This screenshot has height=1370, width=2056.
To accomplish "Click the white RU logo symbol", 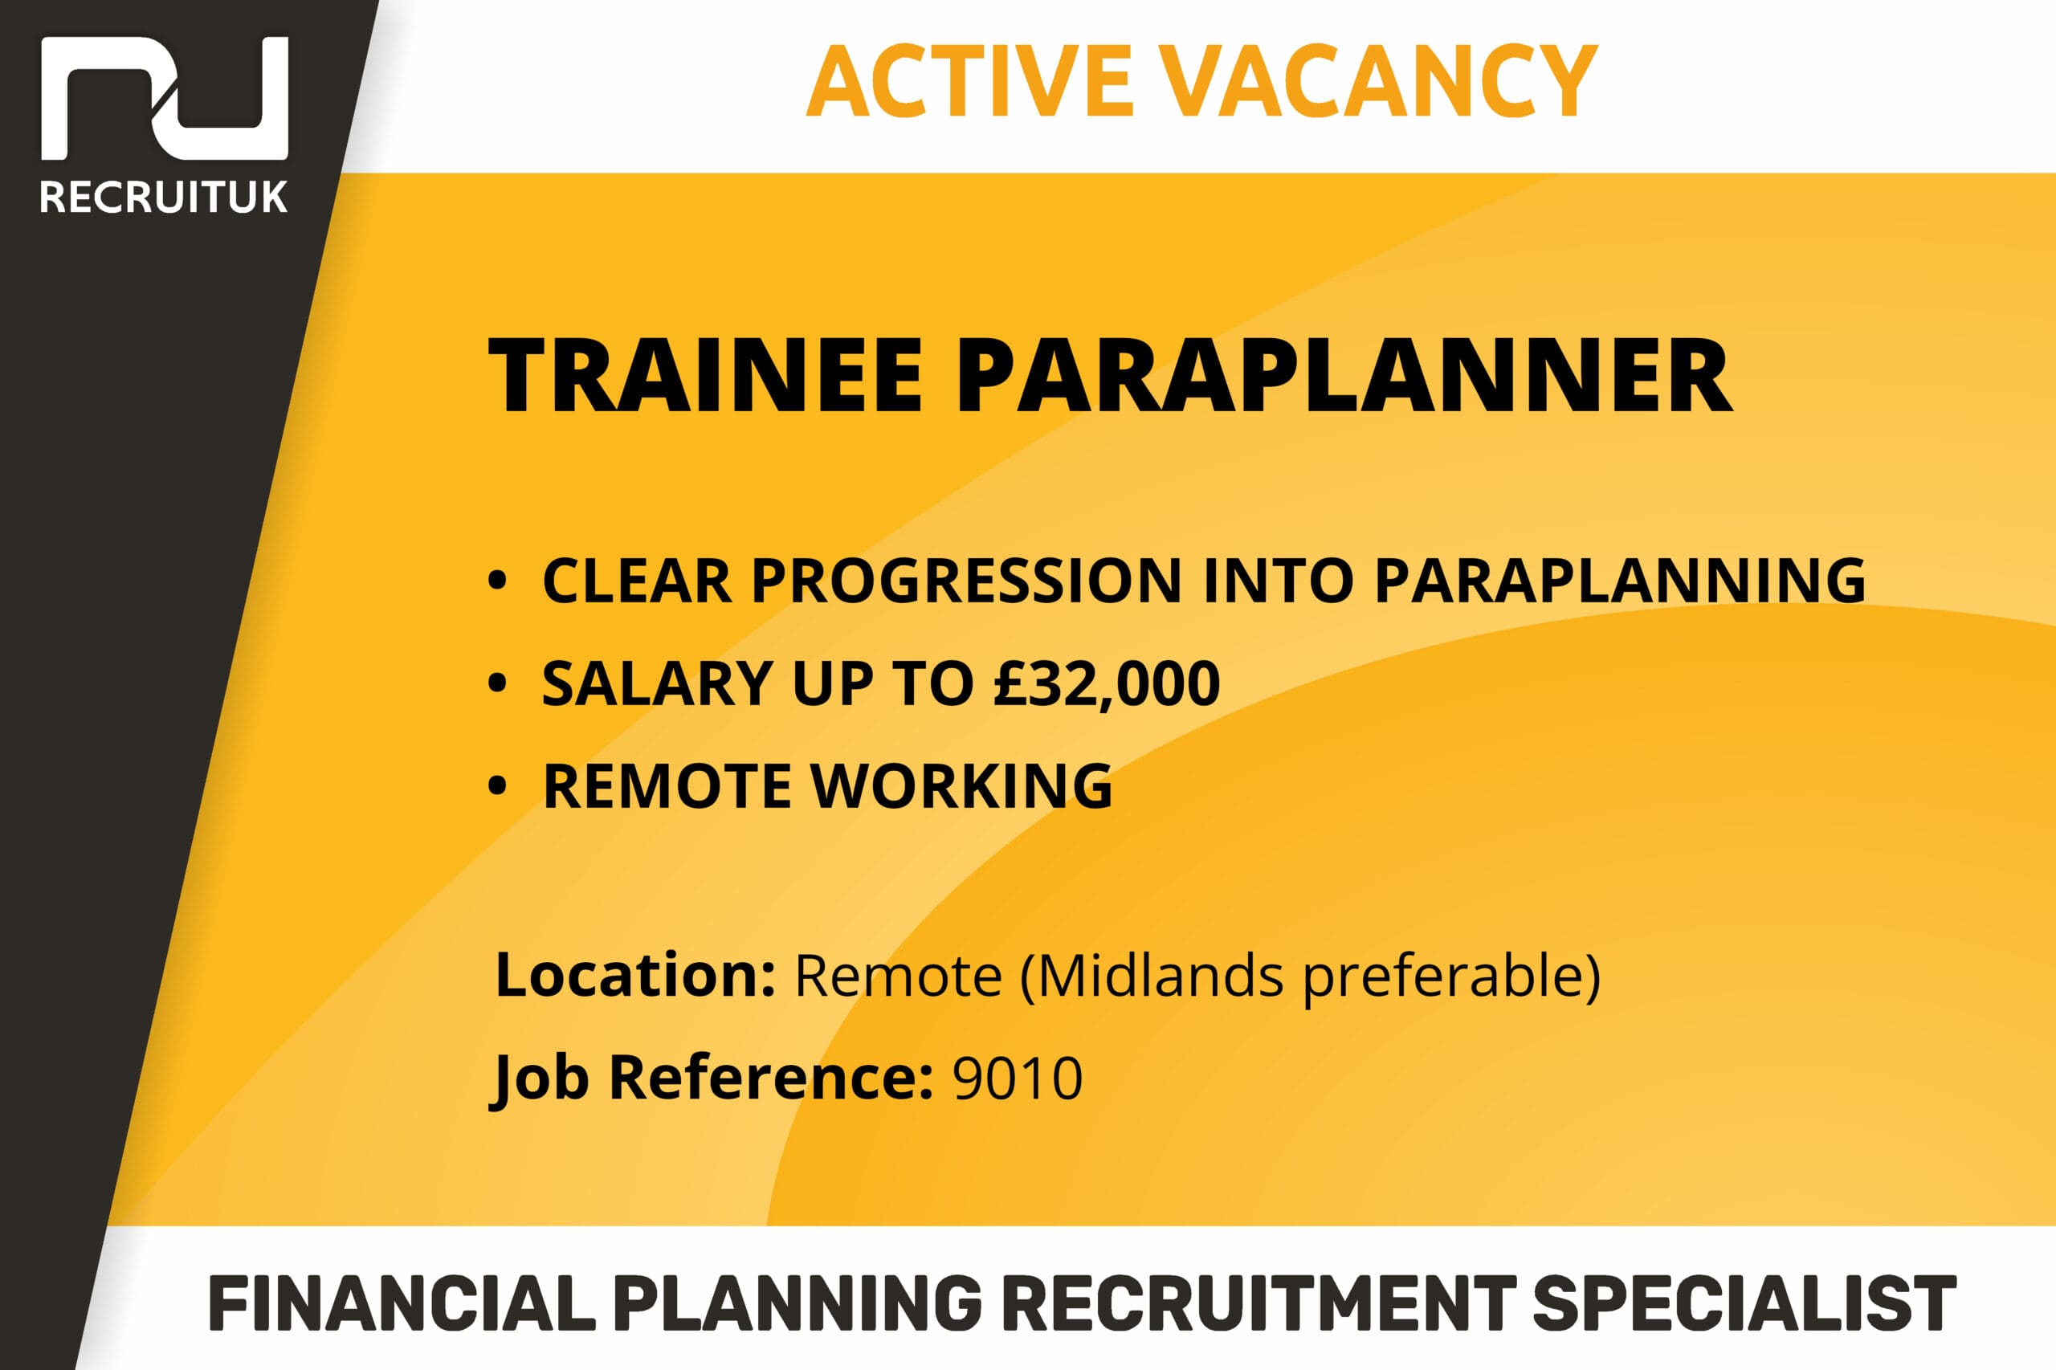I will (x=165, y=98).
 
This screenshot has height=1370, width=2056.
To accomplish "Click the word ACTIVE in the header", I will (x=970, y=81).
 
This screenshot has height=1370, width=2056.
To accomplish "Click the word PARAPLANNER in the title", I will (x=1344, y=377).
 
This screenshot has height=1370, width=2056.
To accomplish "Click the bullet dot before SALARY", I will (x=497, y=683).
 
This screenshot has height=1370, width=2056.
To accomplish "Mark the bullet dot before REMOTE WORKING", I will (x=497, y=785).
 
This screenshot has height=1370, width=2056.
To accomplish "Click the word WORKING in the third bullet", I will (x=961, y=785).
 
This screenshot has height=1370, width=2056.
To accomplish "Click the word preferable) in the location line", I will (x=1451, y=977).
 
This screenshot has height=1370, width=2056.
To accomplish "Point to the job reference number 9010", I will (x=1017, y=1078).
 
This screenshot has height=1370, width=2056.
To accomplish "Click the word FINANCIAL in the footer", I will (x=403, y=1303).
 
